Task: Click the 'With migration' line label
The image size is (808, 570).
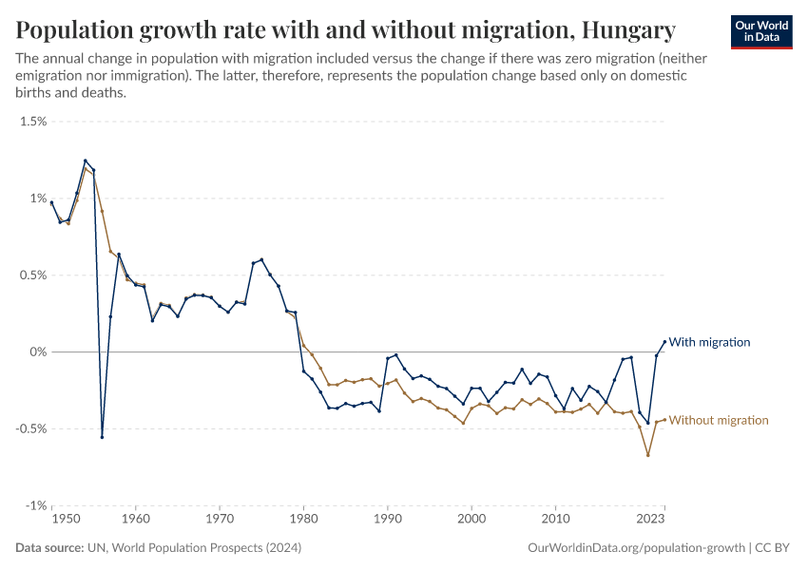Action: tap(709, 342)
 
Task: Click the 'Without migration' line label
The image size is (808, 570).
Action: tap(719, 420)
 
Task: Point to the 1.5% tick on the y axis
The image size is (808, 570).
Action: tap(33, 122)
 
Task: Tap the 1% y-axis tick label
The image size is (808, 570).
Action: tap(37, 199)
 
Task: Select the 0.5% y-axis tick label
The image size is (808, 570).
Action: tap(33, 275)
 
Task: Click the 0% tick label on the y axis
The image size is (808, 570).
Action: tap(37, 352)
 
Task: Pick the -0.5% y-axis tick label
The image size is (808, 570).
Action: tap(31, 428)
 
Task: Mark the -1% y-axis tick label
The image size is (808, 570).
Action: tap(35, 505)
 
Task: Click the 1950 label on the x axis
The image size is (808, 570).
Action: tap(66, 520)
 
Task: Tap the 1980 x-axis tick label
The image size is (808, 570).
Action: tap(303, 520)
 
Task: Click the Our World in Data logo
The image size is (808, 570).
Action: tap(762, 31)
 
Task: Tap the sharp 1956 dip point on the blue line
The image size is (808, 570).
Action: tap(102, 437)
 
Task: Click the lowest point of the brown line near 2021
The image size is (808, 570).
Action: tap(648, 455)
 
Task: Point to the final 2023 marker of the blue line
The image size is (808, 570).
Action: tap(664, 342)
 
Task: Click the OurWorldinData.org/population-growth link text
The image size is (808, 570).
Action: tap(635, 548)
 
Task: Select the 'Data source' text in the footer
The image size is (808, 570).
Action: tap(50, 548)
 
